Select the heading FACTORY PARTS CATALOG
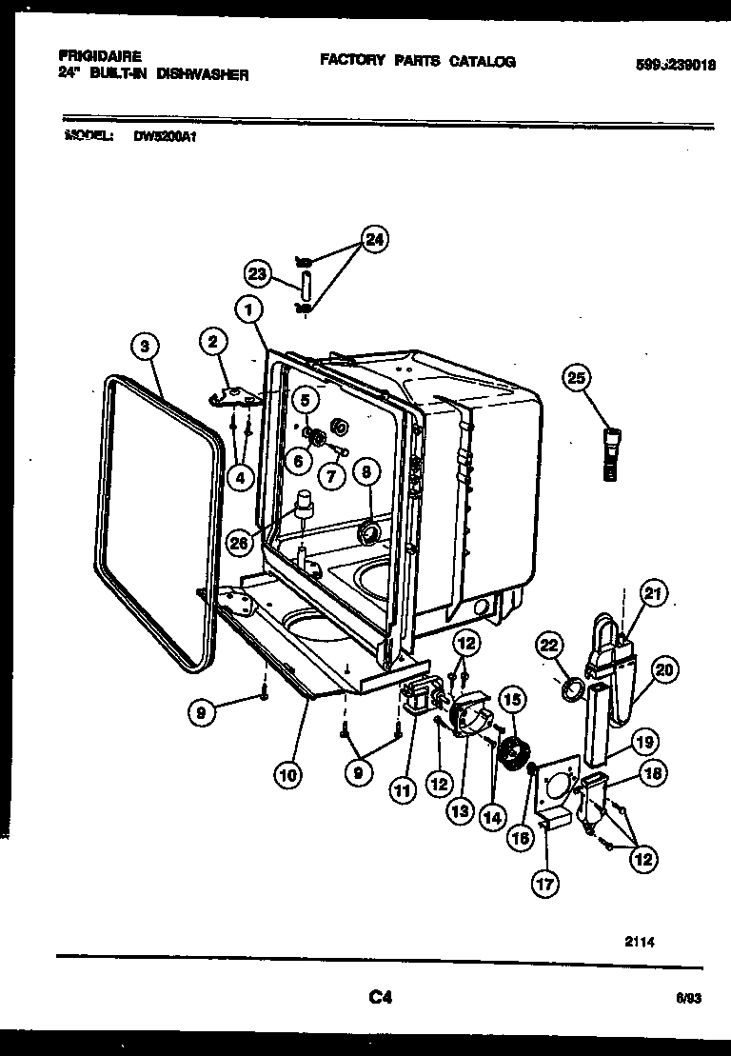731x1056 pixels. [x=417, y=61]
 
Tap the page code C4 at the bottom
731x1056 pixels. [x=380, y=998]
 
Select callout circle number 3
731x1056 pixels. [x=144, y=348]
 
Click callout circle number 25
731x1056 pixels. [x=576, y=376]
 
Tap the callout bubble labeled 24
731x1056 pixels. [x=375, y=241]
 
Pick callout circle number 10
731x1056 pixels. [x=286, y=775]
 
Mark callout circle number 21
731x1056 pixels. [x=653, y=593]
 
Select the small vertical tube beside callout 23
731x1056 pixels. [x=306, y=284]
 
